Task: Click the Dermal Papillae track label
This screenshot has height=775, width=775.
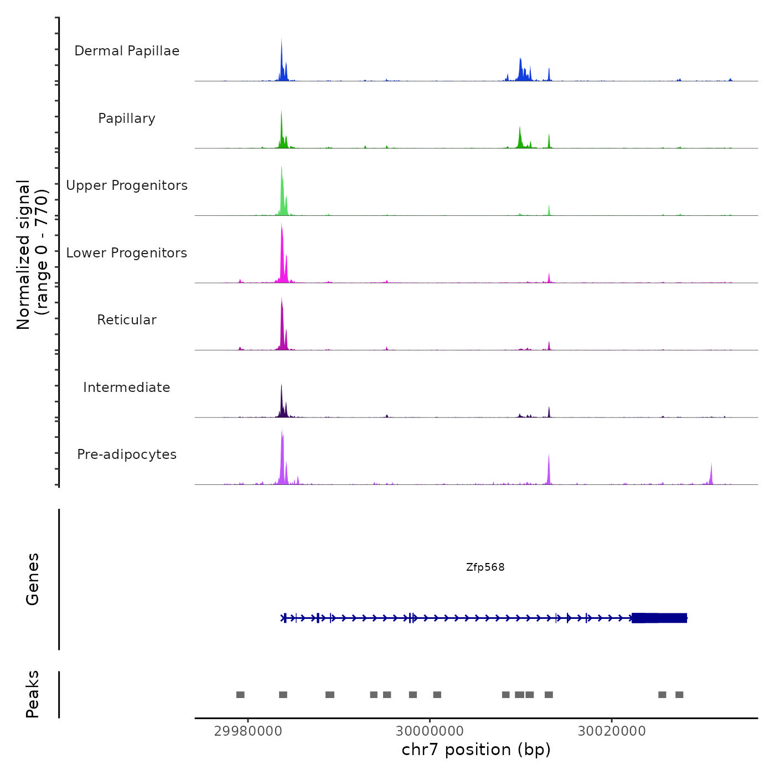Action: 127,51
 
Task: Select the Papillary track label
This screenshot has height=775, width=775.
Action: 127,118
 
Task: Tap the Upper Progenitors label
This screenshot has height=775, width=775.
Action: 127,185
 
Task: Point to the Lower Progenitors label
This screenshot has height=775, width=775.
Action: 127,253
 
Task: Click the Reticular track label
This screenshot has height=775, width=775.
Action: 127,320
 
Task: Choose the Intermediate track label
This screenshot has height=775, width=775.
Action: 127,387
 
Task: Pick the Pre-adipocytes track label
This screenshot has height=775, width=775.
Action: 127,454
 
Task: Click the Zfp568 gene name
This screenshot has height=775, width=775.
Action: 485,567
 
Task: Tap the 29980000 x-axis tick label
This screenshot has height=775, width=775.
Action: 248,731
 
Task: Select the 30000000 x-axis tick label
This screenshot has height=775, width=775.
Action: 430,731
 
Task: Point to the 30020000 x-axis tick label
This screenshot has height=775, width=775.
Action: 612,731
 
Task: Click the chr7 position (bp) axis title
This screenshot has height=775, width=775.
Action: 476,750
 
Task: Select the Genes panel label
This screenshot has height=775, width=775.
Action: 33,579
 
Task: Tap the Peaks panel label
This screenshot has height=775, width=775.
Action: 33,694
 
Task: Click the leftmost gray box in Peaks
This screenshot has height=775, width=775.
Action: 240,695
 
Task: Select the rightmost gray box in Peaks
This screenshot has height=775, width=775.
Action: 679,695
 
